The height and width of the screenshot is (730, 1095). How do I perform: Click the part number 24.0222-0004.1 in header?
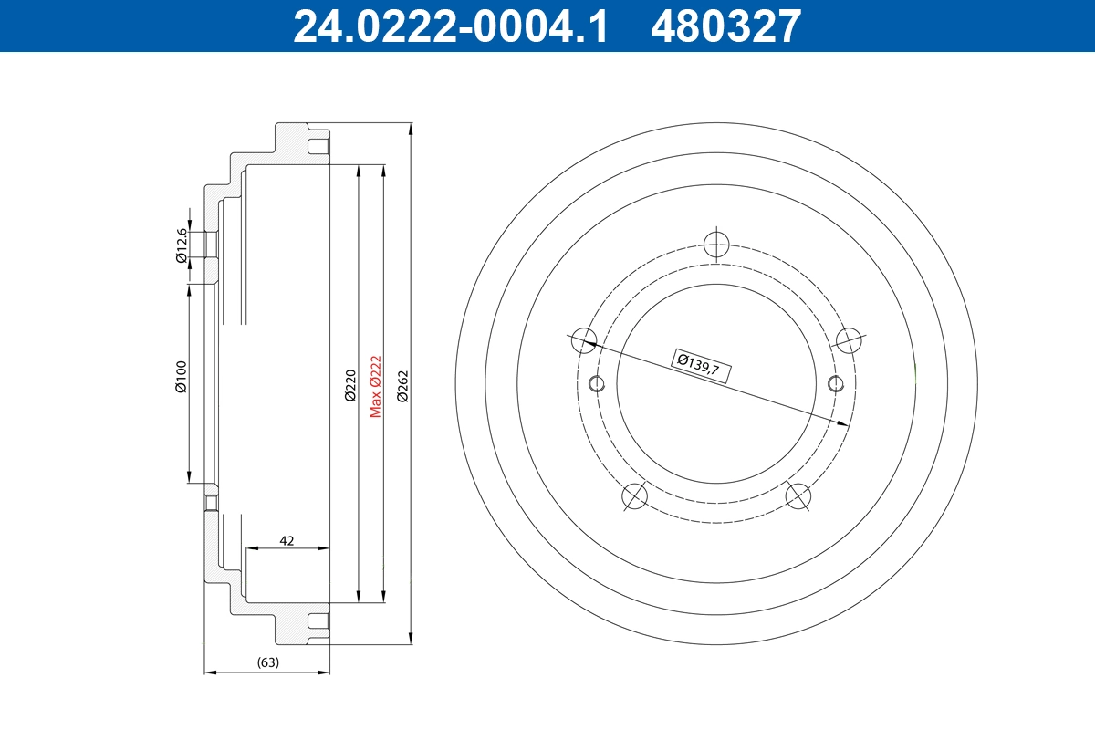pyautogui.click(x=450, y=26)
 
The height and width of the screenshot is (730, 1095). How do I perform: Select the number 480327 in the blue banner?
pyautogui.click(x=725, y=26)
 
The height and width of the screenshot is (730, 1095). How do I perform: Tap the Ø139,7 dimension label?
pyautogui.click(x=699, y=363)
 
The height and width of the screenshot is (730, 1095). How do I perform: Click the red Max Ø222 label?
pyautogui.click(x=375, y=386)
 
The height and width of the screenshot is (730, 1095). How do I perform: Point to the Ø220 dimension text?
pyautogui.click(x=349, y=386)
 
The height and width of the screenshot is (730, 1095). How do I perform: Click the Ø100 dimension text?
pyautogui.click(x=181, y=377)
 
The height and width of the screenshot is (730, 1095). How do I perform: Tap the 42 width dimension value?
pyautogui.click(x=287, y=540)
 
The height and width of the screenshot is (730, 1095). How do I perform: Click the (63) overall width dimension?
pyautogui.click(x=267, y=662)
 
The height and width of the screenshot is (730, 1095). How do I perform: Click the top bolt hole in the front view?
pyautogui.click(x=717, y=244)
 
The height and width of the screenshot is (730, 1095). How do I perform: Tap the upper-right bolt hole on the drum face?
pyautogui.click(x=850, y=339)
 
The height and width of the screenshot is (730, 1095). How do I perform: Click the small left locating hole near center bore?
pyautogui.click(x=598, y=382)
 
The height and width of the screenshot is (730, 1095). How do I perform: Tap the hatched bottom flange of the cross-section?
pyautogui.click(x=290, y=625)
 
